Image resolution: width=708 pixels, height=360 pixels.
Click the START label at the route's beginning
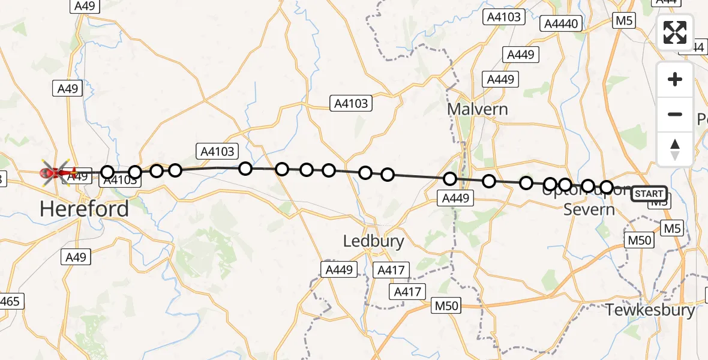click(x=649, y=193)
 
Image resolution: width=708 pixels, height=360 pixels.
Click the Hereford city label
click(x=84, y=209)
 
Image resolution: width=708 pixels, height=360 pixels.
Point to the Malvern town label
click(x=478, y=109)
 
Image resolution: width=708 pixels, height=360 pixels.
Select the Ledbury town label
click(x=373, y=241)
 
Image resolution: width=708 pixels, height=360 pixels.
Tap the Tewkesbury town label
click(x=650, y=310)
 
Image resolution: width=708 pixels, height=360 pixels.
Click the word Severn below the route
click(x=589, y=209)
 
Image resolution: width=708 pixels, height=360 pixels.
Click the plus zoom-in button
click(x=675, y=80)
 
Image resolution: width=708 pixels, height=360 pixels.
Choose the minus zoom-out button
click(x=675, y=114)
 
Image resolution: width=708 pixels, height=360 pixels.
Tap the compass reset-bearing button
click(x=675, y=149)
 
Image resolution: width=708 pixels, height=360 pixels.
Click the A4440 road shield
click(x=561, y=24)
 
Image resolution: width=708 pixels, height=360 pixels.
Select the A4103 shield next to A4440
click(x=503, y=17)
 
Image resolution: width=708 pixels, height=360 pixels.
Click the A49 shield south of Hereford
click(x=76, y=257)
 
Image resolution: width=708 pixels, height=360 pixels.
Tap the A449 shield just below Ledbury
click(x=339, y=269)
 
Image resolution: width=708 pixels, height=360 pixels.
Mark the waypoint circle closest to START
click(x=607, y=187)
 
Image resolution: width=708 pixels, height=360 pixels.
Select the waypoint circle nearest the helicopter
click(x=107, y=173)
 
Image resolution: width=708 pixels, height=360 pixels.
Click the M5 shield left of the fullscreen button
click(x=624, y=21)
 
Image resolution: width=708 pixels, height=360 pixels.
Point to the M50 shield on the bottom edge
click(x=446, y=306)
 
